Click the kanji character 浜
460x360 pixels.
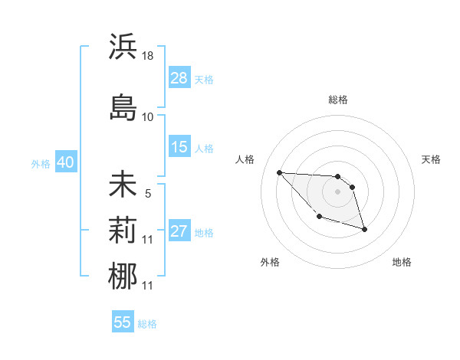pos(123,47)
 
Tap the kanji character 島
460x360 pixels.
pos(123,107)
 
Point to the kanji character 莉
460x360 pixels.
pos(123,231)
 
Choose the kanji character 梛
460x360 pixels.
pos(123,277)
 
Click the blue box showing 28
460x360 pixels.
pos(179,78)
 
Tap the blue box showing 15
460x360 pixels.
pos(179,147)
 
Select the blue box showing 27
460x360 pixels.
pos(179,231)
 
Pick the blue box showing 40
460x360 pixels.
pos(65,162)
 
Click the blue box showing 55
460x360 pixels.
pos(123,322)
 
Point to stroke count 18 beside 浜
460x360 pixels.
pos(148,56)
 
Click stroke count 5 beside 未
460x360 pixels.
pos(148,194)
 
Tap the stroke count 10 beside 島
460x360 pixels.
pos(148,117)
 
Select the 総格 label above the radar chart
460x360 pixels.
pos(338,100)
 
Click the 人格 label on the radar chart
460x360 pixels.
pos(245,159)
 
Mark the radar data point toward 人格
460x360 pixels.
pos(279,172)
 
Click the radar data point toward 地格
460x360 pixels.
pos(364,229)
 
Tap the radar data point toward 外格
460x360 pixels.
pos(319,217)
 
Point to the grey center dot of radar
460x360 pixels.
pos(337,191)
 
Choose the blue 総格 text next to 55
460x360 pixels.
pos(147,324)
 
